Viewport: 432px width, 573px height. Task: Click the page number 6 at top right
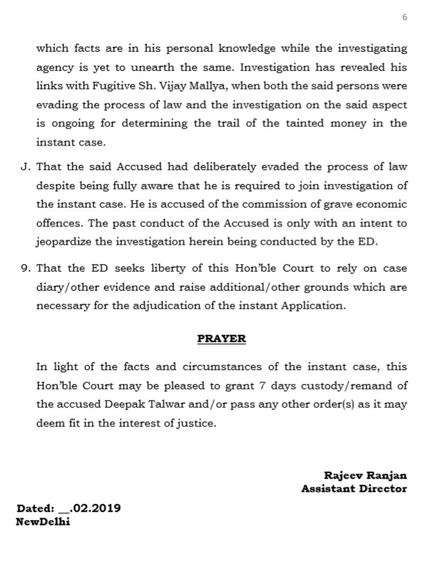(x=404, y=17)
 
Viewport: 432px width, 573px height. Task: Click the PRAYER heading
(x=221, y=339)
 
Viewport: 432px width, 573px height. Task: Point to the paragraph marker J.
(x=25, y=167)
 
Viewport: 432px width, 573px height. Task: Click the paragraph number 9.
(x=25, y=269)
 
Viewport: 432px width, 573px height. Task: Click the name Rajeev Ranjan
(x=366, y=476)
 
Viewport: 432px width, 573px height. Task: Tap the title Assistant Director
(x=354, y=489)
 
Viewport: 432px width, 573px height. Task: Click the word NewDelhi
(x=43, y=522)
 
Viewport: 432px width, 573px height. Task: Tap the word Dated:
(x=36, y=509)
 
